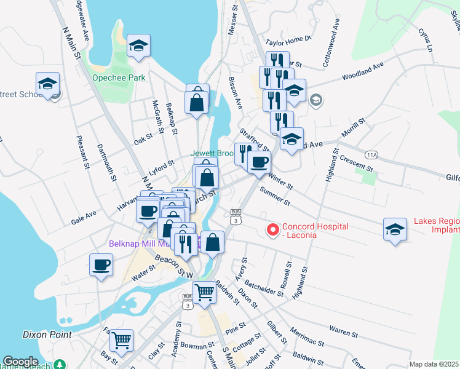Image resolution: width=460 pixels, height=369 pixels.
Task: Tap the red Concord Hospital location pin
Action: tap(271, 229)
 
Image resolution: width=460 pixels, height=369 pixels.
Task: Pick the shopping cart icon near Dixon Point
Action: tap(122, 339)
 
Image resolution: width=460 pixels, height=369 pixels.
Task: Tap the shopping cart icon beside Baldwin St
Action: tap(204, 292)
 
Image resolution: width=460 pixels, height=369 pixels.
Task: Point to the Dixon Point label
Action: tap(47, 335)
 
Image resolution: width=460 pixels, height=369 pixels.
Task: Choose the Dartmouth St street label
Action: tap(106, 163)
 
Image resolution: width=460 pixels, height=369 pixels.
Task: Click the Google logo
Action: tap(20, 362)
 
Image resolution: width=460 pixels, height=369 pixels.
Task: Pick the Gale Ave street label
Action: tap(84, 217)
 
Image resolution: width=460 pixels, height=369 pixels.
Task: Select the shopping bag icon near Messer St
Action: tap(197, 102)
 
